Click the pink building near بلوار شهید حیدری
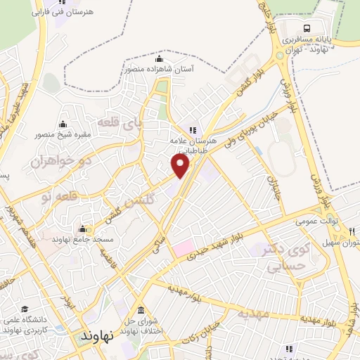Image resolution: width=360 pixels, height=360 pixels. click(x=182, y=247)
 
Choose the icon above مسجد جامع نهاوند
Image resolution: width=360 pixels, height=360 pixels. click(x=83, y=229)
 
